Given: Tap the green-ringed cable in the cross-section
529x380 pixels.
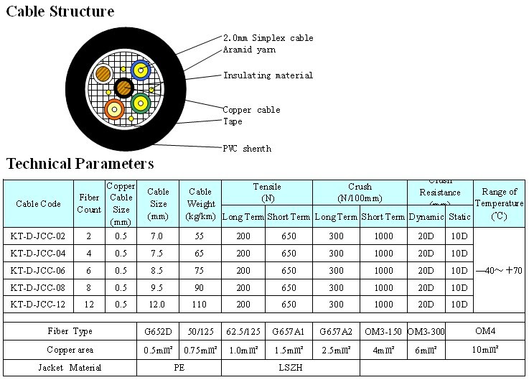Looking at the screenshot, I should click(x=140, y=103).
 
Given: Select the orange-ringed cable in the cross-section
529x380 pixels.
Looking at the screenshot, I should click(x=113, y=109).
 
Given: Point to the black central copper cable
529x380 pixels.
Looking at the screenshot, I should click(x=123, y=88).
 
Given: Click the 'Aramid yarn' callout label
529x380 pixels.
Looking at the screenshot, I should click(x=249, y=50).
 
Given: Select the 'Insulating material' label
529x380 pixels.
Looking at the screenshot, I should click(x=268, y=75).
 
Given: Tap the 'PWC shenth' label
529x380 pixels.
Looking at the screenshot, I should click(x=247, y=149).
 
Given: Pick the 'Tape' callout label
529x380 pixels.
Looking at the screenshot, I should click(x=233, y=121).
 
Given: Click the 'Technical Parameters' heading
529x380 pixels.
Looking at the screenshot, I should click(x=80, y=164).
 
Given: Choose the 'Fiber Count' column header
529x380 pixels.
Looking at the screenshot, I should click(x=89, y=204).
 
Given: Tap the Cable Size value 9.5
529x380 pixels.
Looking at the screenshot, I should click(x=158, y=288).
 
